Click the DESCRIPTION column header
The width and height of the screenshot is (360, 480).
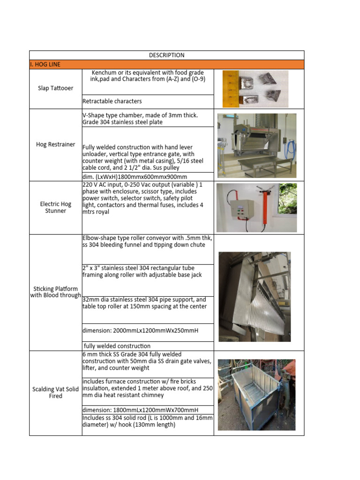166,55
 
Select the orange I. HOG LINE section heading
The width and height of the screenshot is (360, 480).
45,64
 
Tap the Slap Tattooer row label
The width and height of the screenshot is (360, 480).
55,88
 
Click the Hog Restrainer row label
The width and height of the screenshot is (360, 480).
55,144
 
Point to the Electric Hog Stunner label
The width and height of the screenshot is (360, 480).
55,207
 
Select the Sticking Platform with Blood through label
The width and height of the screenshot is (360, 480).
55,292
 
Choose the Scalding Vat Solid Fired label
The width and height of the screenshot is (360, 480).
55,392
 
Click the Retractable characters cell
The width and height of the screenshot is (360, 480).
112,101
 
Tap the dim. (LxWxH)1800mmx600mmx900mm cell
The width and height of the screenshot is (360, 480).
135,177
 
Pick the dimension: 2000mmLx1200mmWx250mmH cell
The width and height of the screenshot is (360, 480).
140,330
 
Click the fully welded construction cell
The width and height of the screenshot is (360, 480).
117,346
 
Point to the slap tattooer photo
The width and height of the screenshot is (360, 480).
255,89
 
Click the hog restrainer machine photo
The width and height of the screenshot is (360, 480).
257,145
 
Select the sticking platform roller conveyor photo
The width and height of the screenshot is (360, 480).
255,296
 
